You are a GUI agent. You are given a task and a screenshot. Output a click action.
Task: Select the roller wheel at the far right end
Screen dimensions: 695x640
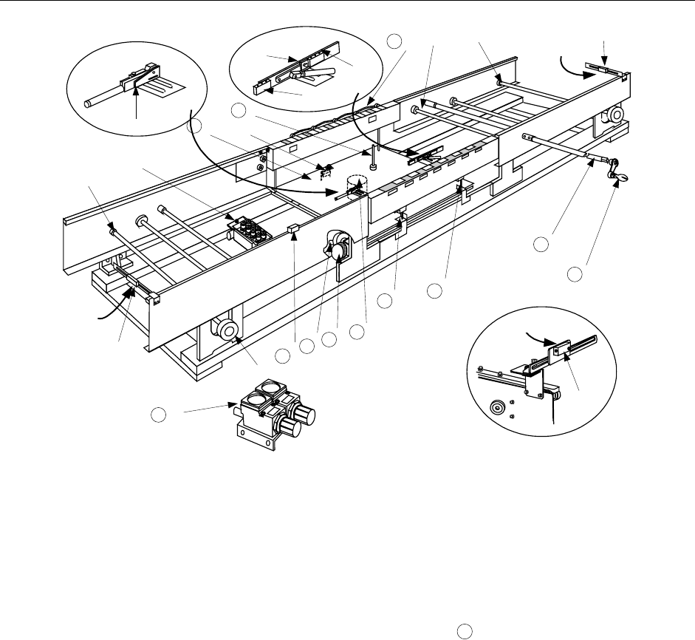point(613,115)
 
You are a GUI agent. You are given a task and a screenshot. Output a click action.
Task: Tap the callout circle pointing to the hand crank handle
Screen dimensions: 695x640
point(575,275)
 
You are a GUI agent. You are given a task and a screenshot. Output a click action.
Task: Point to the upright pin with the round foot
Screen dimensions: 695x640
point(375,160)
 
